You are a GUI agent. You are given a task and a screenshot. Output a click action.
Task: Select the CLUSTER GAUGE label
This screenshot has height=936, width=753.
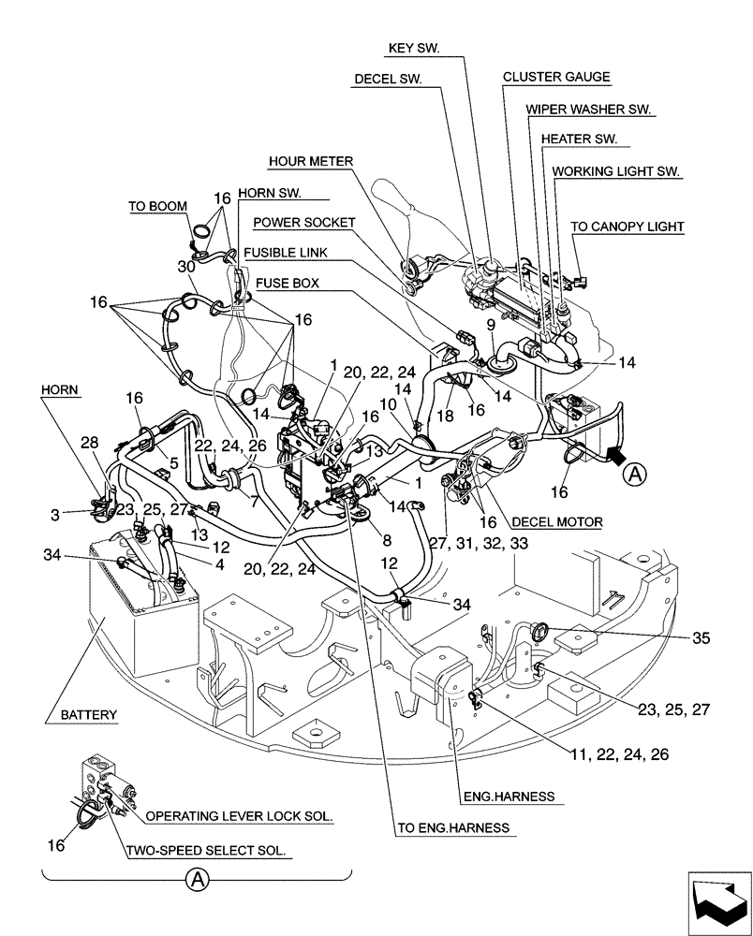[x=555, y=77]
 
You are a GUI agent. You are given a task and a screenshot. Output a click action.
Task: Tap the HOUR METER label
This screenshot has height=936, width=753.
[x=310, y=161]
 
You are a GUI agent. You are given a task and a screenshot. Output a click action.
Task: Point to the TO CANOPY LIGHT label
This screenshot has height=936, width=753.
[x=627, y=226]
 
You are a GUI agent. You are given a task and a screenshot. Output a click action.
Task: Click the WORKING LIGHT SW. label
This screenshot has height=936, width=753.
[x=616, y=171]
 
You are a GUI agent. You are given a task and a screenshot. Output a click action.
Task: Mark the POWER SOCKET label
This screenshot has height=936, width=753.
[x=304, y=223]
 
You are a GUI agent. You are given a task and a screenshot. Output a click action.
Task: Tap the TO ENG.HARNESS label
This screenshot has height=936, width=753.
[x=453, y=827]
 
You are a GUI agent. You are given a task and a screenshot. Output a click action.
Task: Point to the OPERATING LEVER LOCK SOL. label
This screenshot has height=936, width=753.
[x=240, y=815]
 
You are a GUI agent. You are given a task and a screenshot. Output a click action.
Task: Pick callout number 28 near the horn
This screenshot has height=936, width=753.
[x=89, y=441]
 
